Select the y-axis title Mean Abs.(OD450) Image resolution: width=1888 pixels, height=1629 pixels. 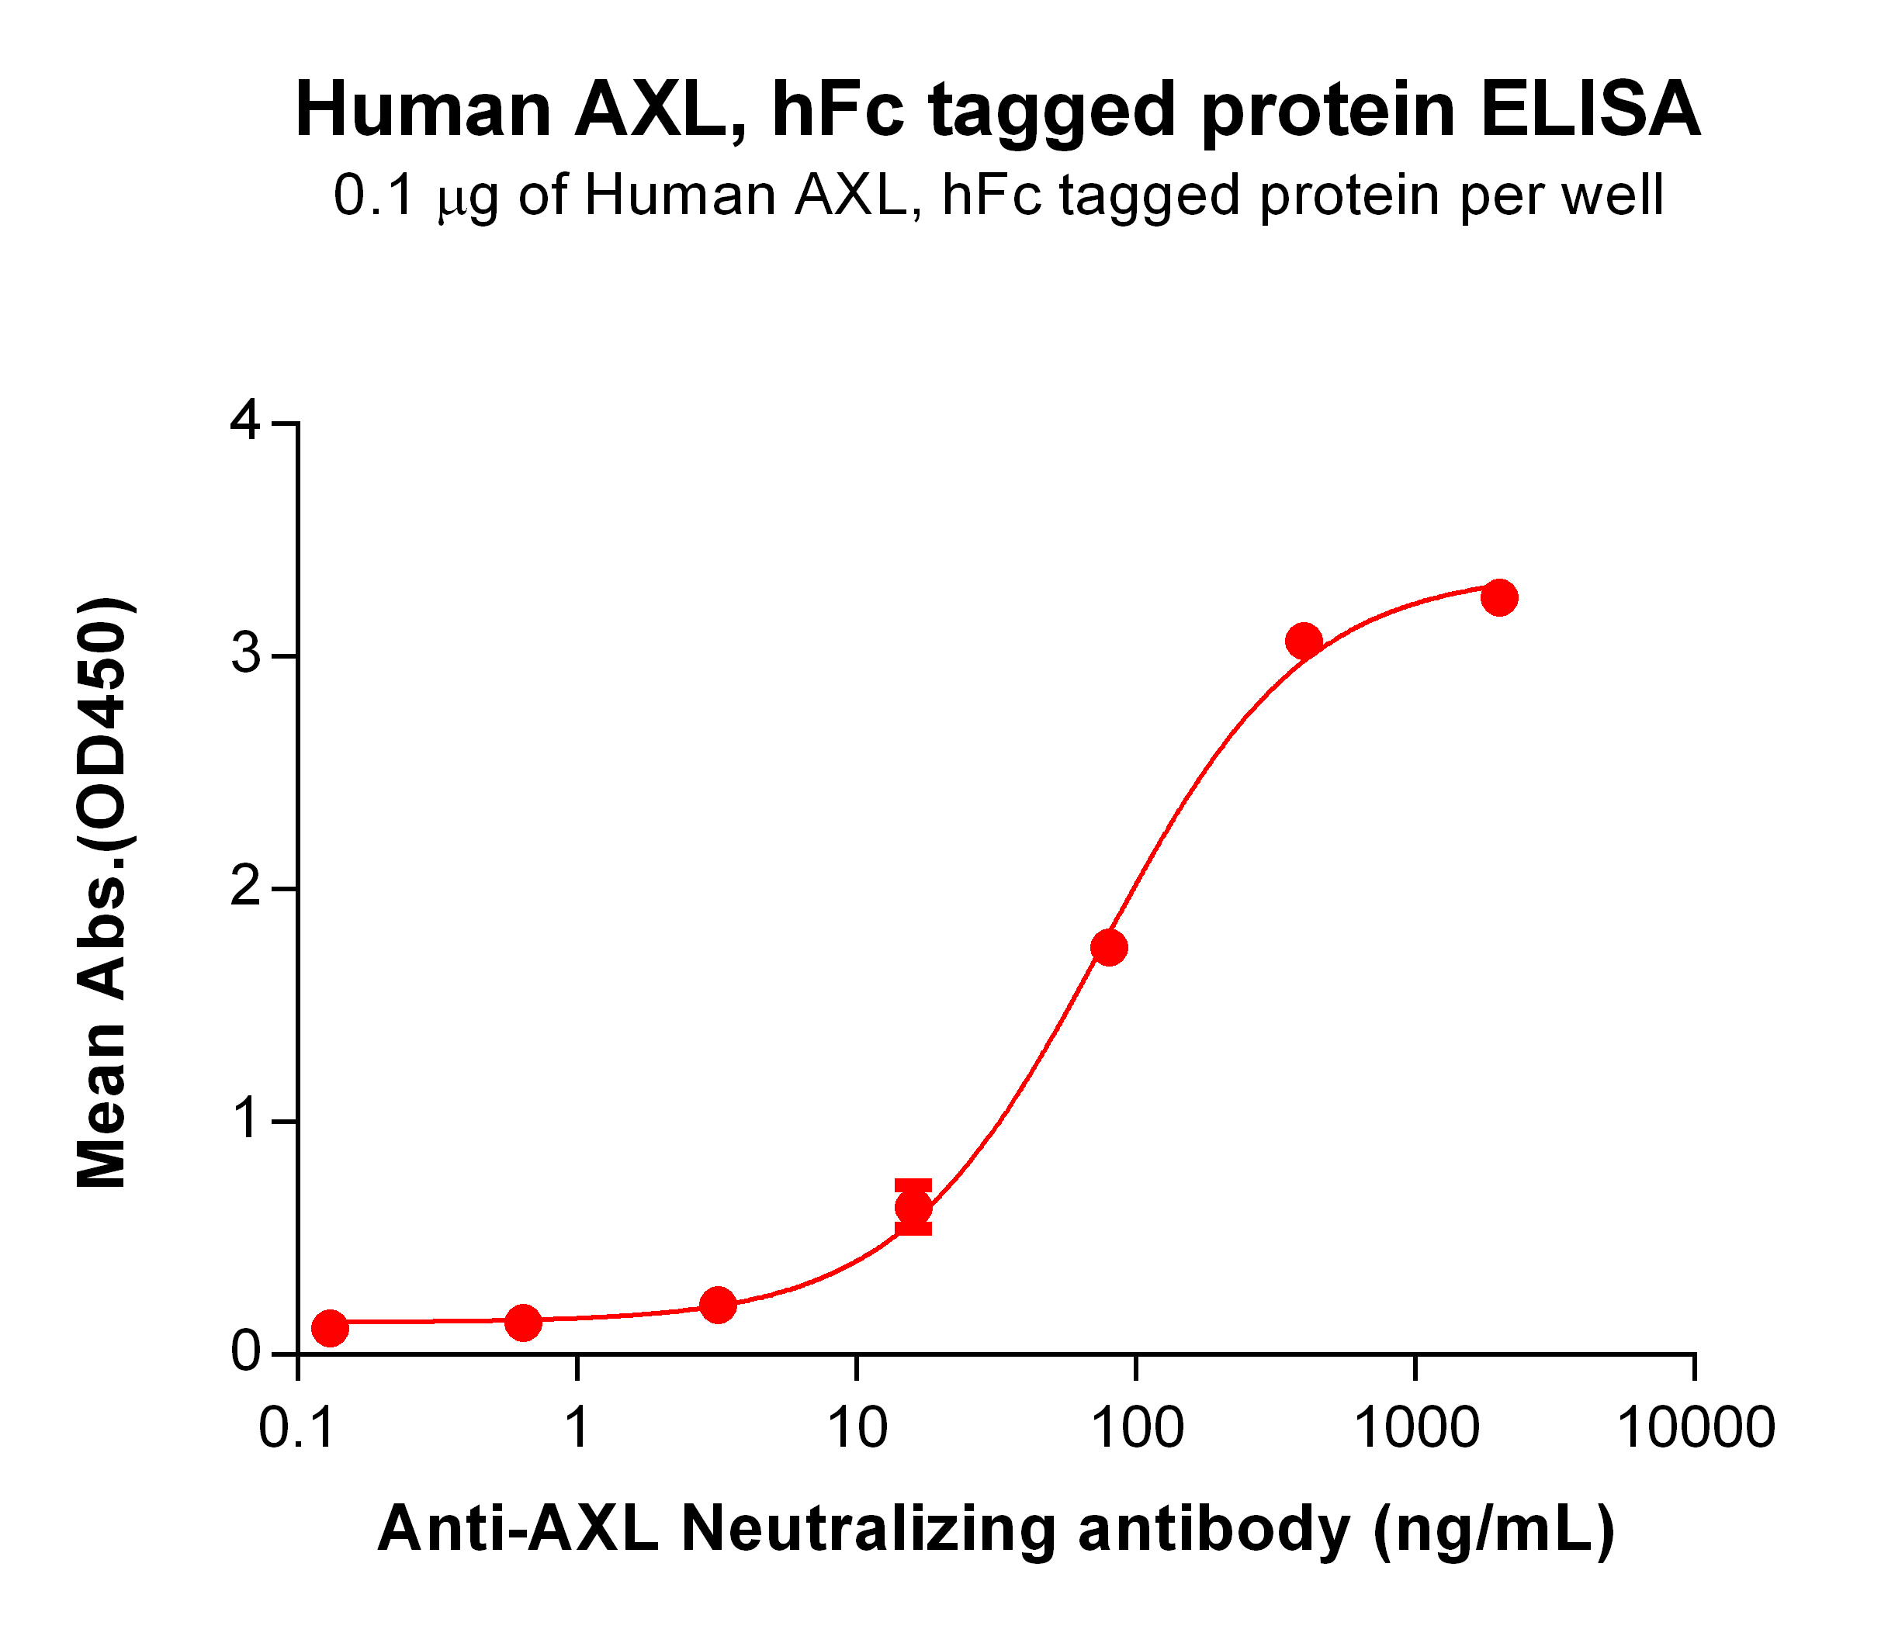pyautogui.click(x=102, y=893)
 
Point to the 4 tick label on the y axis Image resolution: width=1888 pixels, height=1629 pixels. pyautogui.click(x=247, y=424)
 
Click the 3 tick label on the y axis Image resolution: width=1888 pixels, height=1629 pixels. pyautogui.click(x=247, y=656)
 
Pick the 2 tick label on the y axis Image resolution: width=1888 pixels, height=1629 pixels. pyautogui.click(x=247, y=888)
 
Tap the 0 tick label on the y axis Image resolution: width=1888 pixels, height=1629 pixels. pyautogui.click(x=247, y=1354)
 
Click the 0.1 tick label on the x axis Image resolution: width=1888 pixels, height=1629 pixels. pyautogui.click(x=297, y=1427)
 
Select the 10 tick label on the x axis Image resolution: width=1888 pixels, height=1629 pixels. pyautogui.click(x=857, y=1427)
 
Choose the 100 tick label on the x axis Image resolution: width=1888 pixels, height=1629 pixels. pyautogui.click(x=1136, y=1427)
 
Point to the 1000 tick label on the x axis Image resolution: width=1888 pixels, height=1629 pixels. pyautogui.click(x=1415, y=1427)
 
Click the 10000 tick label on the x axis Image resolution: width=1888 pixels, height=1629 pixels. pyautogui.click(x=1695, y=1427)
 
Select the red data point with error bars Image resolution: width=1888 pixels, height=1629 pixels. pyautogui.click(x=913, y=1208)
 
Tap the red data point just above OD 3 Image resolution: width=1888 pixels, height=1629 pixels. pyautogui.click(x=1304, y=642)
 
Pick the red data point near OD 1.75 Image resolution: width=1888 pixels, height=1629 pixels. pyautogui.click(x=1109, y=947)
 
